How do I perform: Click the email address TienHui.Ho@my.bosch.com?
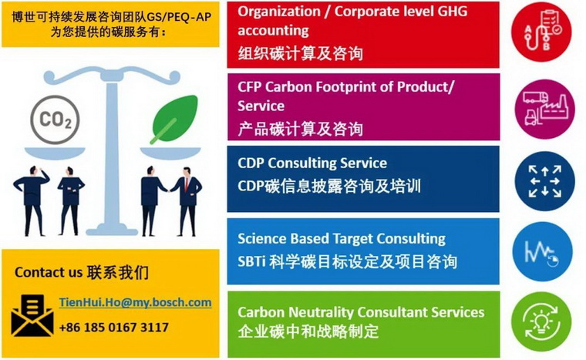pyautogui.click(x=135, y=302)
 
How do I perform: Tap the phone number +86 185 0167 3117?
pyautogui.click(x=114, y=328)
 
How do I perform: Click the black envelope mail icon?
pyautogui.click(x=32, y=315)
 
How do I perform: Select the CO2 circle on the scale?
pyautogui.click(x=55, y=119)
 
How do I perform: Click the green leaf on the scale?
pyautogui.click(x=174, y=119)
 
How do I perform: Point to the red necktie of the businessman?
pyautogui.click(x=187, y=184)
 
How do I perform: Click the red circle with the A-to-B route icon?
pyautogui.click(x=541, y=32)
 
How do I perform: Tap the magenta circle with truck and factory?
pyautogui.click(x=544, y=108)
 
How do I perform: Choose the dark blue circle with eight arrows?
pyautogui.click(x=544, y=181)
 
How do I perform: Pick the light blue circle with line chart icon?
pyautogui.click(x=542, y=251)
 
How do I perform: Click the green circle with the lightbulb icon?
pyautogui.click(x=541, y=322)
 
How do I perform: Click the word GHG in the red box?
pyautogui.click(x=452, y=12)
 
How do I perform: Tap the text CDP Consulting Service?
pyautogui.click(x=312, y=163)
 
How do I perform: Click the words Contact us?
pyautogui.click(x=46, y=273)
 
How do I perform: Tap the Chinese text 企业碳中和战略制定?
pyautogui.click(x=308, y=331)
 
